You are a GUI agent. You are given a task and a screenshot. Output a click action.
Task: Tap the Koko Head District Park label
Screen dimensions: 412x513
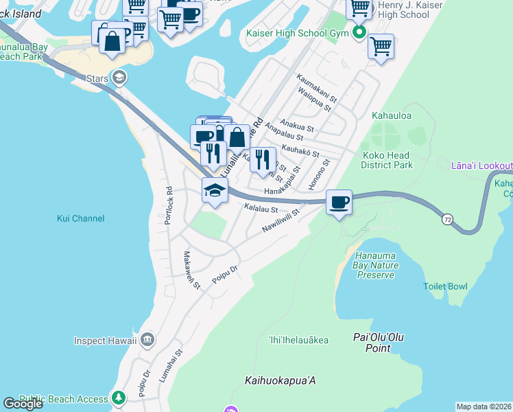pos(387,160)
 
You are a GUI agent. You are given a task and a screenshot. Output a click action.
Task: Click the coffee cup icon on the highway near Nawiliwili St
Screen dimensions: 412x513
pos(339,203)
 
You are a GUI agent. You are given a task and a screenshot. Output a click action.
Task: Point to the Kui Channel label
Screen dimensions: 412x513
pos(80,218)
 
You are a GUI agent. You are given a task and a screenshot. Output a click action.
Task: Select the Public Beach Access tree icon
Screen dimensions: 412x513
pos(118,398)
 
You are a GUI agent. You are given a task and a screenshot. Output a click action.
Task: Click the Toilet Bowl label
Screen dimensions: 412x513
pos(445,286)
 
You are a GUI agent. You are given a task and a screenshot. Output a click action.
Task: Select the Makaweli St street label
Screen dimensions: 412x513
pos(190,269)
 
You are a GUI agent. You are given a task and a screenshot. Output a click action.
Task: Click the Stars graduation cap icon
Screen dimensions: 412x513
pos(120,78)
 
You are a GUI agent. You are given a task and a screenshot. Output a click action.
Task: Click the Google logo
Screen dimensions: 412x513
pos(23,404)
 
